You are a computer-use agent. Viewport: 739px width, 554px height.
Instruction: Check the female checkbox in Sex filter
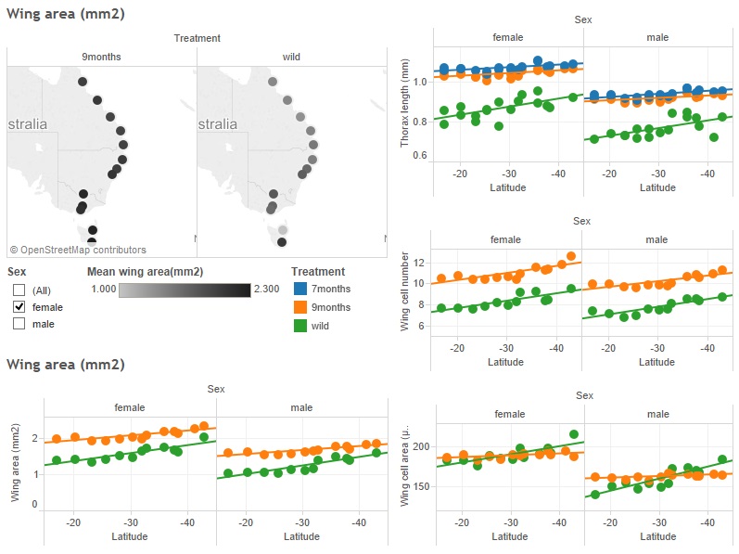tap(19, 307)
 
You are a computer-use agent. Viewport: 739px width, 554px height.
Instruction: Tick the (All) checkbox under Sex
tap(19, 290)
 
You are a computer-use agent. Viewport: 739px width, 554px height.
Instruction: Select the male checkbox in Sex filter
tap(19, 324)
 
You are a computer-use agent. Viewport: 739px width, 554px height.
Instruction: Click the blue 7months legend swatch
tap(300, 290)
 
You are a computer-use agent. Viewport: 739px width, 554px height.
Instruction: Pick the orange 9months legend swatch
tap(300, 308)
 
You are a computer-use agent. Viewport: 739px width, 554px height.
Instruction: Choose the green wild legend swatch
tap(300, 326)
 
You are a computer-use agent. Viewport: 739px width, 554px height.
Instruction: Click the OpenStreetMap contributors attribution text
tap(78, 250)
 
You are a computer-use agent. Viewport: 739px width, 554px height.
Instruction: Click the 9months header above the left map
tap(102, 57)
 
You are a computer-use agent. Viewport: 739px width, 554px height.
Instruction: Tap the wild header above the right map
tap(291, 57)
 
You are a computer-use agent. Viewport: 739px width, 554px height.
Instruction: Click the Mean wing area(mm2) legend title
tap(145, 272)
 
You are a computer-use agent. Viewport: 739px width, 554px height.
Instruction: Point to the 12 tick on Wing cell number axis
tap(418, 262)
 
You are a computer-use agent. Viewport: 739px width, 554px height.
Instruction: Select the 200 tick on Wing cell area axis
tap(424, 446)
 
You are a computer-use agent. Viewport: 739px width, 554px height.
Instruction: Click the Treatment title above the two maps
tap(197, 38)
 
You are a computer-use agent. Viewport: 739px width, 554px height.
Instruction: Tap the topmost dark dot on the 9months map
tap(83, 82)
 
